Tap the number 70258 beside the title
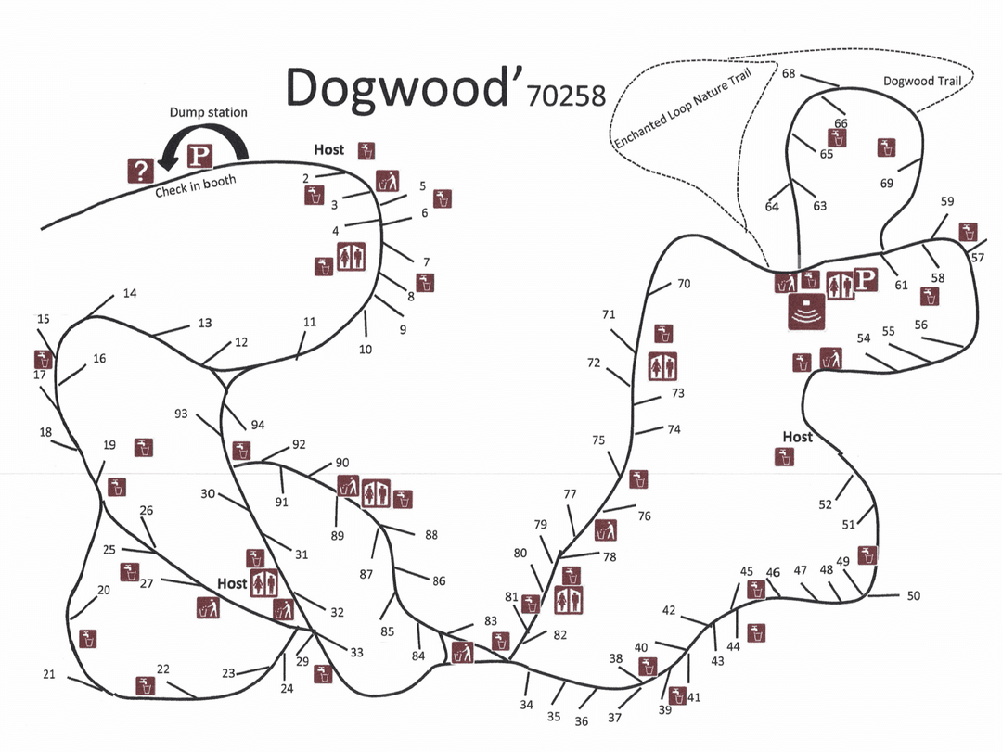(x=565, y=96)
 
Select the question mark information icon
(x=140, y=170)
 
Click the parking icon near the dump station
(x=199, y=156)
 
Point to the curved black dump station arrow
(x=209, y=139)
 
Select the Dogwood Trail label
(x=921, y=81)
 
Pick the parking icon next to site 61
(x=865, y=280)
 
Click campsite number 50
(x=913, y=596)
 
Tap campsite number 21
(x=49, y=674)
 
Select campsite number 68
(x=789, y=73)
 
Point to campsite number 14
(x=129, y=293)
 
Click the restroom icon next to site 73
(x=662, y=366)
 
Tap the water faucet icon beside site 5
(x=443, y=198)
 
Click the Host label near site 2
(x=328, y=149)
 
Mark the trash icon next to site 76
(x=606, y=530)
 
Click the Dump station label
(x=208, y=112)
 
